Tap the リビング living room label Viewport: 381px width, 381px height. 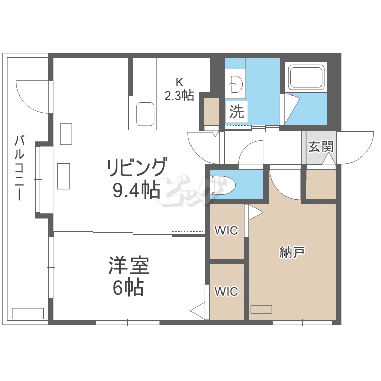pyautogui.click(x=136, y=168)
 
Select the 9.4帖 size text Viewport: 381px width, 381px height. pyautogui.click(x=136, y=190)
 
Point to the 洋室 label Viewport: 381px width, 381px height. pyautogui.click(x=129, y=266)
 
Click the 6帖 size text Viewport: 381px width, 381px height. pyautogui.click(x=128, y=288)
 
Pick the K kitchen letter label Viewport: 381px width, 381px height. pyautogui.click(x=179, y=82)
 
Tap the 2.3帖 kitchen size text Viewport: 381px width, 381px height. pyautogui.click(x=179, y=95)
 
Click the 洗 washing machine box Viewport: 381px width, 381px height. pyautogui.click(x=236, y=111)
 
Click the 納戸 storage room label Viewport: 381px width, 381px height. pyautogui.click(x=292, y=252)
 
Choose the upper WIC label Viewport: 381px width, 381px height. pyautogui.click(x=226, y=231)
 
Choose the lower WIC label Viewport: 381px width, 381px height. pyautogui.click(x=226, y=292)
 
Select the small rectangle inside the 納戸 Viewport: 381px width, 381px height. pyautogui.click(x=261, y=309)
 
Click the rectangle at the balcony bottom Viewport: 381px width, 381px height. pyautogui.click(x=27, y=313)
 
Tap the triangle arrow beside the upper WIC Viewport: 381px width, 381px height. pyautogui.click(x=255, y=213)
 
